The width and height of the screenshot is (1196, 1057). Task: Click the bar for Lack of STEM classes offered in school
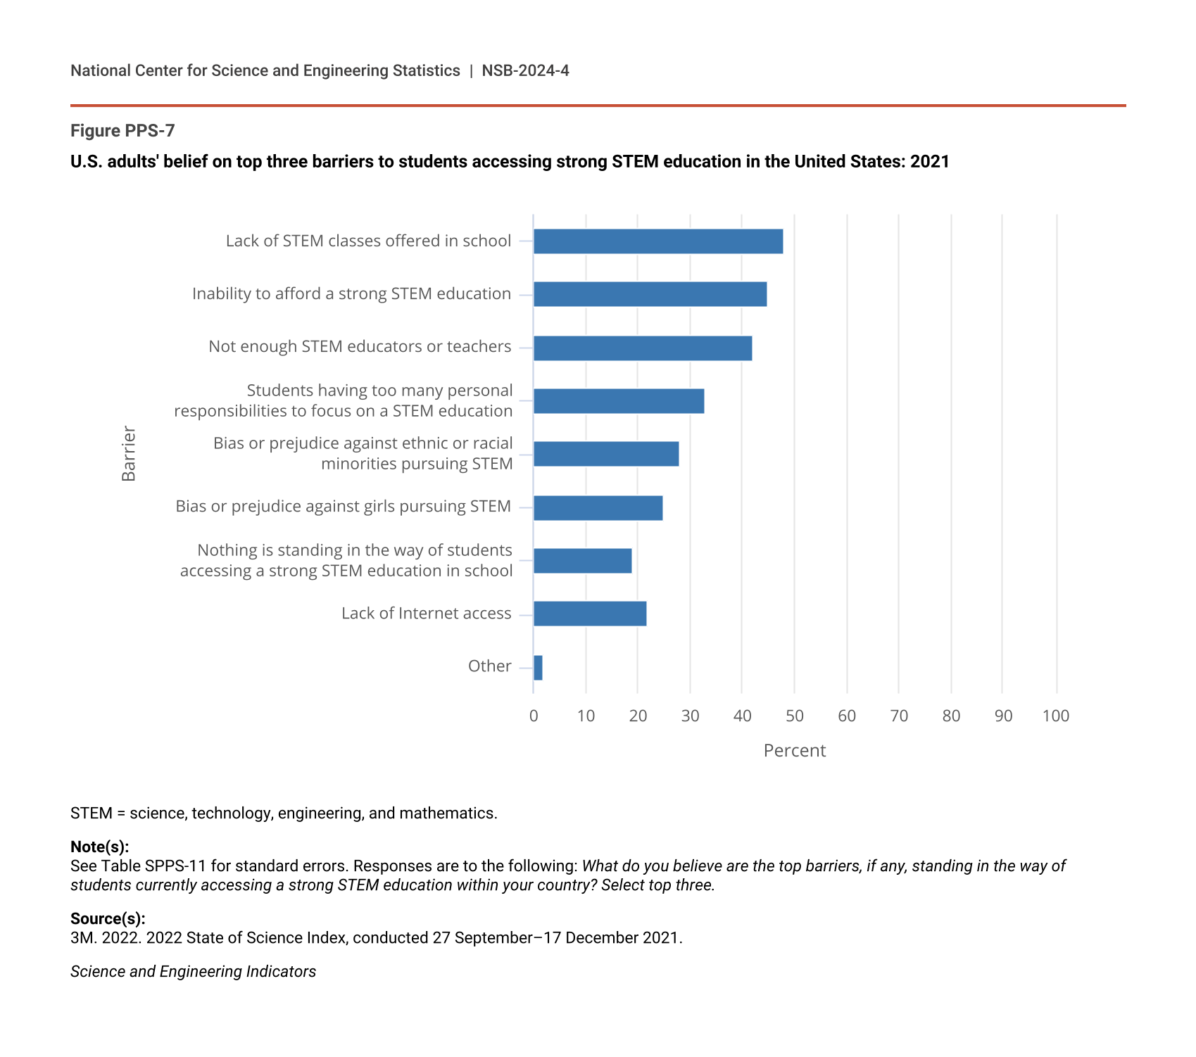(658, 241)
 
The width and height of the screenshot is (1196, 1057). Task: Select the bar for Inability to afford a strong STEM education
(650, 294)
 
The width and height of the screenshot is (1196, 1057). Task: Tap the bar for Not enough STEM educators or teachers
(643, 348)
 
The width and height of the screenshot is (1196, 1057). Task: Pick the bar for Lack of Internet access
(590, 614)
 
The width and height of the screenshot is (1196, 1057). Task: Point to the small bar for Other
(538, 667)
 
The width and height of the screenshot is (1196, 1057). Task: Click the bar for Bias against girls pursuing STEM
(598, 507)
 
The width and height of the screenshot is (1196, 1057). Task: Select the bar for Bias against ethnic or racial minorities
(606, 454)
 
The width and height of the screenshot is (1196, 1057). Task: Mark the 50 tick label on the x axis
(794, 716)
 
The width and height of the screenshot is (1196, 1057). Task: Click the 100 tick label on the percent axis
(1055, 716)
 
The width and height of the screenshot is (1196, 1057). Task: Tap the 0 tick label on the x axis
(534, 716)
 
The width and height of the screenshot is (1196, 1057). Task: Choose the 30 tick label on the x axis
(690, 716)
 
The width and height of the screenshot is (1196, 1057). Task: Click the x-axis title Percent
(794, 751)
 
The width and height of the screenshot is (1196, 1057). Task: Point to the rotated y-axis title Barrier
(129, 453)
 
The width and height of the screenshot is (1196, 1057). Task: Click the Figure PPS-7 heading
(122, 131)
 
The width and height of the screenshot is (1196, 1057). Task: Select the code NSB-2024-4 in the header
(525, 71)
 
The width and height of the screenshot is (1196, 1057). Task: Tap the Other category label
(489, 666)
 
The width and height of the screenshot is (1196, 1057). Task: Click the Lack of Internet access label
(426, 614)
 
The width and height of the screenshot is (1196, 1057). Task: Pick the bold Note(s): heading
(99, 847)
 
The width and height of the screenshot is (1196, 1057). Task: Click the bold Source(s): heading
(108, 918)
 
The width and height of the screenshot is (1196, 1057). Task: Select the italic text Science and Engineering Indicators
(193, 972)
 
